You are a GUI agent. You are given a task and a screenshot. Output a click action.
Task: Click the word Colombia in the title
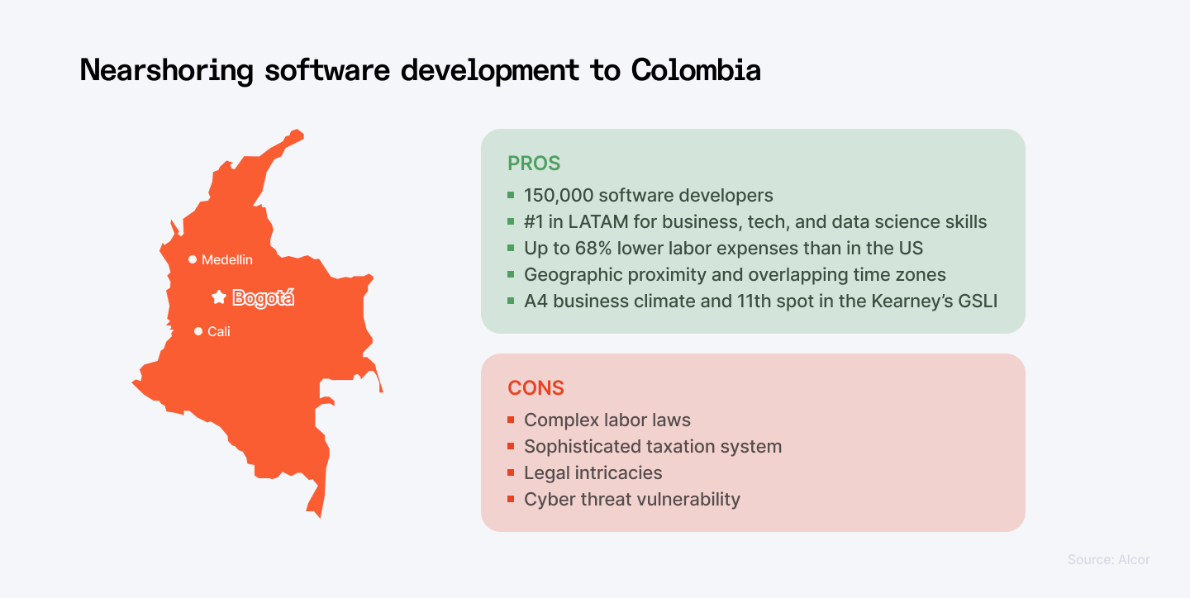[696, 69]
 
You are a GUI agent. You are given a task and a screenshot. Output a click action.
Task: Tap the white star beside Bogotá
[219, 297]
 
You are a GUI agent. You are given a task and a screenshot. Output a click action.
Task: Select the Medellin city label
[226, 259]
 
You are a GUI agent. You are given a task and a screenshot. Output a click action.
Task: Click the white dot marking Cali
[198, 331]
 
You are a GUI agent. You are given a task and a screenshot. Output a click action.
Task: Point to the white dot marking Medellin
[193, 259]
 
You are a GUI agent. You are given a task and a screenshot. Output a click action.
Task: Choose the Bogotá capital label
[263, 298]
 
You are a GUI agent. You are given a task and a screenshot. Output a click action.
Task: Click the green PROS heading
[534, 164]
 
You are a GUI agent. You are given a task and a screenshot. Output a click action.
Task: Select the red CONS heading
[535, 388]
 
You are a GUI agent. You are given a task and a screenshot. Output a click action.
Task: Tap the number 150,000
[559, 196]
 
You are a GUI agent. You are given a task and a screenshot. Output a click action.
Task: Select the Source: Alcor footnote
[1109, 559]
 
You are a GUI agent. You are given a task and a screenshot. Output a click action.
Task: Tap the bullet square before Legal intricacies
[511, 472]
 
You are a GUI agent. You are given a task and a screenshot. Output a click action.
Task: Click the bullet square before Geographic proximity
[511, 274]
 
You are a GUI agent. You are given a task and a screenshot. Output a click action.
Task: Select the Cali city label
[219, 331]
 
